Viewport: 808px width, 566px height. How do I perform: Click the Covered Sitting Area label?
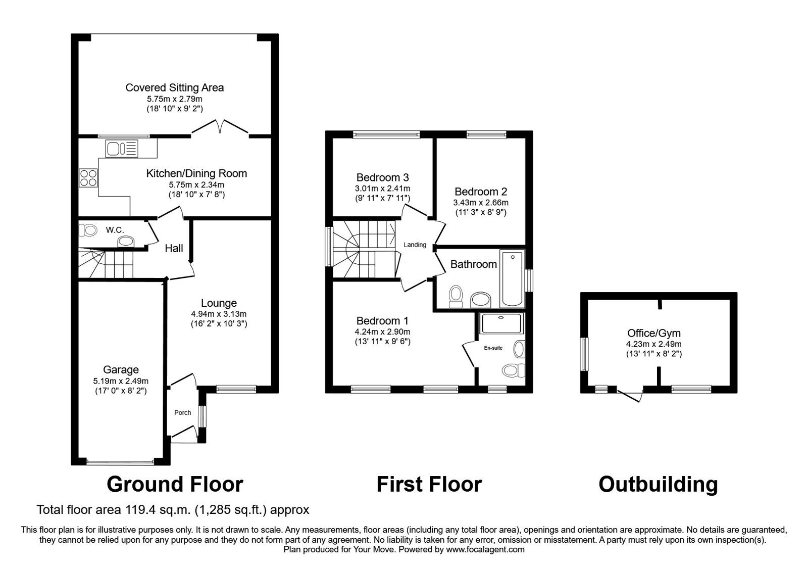point(174,87)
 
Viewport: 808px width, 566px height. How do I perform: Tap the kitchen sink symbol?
point(121,149)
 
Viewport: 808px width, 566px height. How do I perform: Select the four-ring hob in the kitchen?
point(88,177)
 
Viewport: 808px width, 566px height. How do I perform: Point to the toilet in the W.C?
point(88,230)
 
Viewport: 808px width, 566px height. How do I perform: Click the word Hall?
point(174,248)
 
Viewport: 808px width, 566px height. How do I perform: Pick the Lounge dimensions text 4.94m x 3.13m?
point(219,314)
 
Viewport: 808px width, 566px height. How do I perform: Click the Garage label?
point(121,370)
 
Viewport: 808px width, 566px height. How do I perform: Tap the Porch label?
point(182,412)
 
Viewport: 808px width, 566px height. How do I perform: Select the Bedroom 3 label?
point(382,177)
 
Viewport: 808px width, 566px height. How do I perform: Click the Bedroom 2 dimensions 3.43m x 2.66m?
point(481,203)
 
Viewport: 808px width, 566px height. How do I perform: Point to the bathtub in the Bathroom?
point(512,278)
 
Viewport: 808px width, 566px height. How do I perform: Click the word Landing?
point(415,245)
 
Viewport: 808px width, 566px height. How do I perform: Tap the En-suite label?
point(493,348)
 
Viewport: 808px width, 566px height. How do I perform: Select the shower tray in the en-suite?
point(501,323)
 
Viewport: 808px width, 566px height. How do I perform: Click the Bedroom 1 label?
point(382,321)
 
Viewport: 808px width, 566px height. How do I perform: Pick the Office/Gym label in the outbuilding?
point(653,333)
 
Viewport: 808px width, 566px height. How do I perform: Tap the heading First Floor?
point(429,484)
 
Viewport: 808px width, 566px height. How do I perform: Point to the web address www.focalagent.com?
point(485,549)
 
